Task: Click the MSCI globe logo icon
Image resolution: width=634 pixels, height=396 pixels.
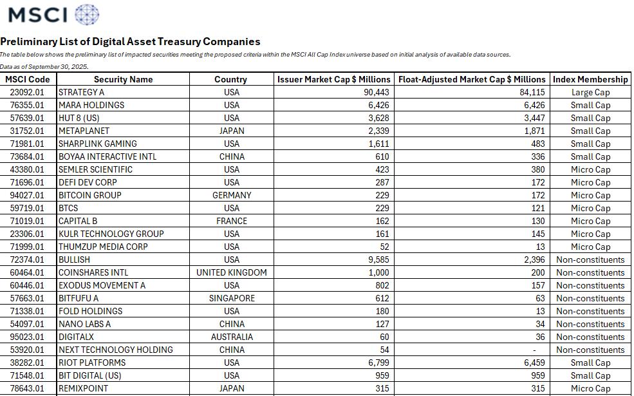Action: coord(87,14)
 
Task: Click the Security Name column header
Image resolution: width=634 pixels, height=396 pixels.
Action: coord(123,79)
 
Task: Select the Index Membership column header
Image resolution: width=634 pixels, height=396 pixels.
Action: coord(590,79)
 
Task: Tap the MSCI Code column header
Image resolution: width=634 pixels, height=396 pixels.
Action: coord(28,79)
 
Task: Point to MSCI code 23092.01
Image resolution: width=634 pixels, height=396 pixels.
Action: coord(28,92)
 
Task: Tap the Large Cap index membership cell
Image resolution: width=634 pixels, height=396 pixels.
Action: coord(590,92)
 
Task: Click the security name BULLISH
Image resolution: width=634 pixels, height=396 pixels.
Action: coord(74,259)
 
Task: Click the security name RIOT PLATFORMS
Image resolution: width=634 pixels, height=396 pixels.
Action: coord(92,363)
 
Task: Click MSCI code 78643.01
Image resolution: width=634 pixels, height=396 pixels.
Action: coord(28,388)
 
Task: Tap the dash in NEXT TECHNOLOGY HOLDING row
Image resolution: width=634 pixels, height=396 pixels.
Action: coord(542,350)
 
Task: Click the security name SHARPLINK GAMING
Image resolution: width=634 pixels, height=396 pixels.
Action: coord(97,144)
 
